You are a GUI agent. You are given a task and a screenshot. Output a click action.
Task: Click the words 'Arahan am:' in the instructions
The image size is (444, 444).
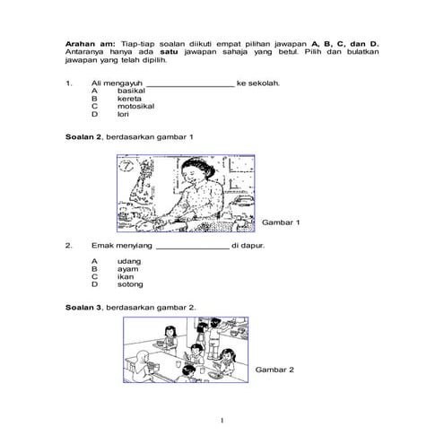87,42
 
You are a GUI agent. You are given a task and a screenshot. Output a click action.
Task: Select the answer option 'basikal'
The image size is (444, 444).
131,91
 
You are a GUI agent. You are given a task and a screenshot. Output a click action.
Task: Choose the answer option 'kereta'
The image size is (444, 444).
129,99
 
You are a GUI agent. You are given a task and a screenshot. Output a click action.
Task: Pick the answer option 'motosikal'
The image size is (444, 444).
135,107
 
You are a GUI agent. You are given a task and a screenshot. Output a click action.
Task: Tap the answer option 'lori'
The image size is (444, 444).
123,115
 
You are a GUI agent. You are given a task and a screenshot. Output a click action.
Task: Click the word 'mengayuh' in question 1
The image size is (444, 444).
123,83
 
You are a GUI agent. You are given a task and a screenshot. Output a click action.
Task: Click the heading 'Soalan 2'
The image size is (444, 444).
83,137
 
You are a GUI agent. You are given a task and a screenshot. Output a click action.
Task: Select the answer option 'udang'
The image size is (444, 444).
129,261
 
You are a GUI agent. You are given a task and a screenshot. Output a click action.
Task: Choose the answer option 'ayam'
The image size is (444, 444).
128,269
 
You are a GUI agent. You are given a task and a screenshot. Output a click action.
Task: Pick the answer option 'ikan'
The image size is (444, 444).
126,277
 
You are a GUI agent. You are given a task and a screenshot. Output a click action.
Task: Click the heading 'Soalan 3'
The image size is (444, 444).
83,308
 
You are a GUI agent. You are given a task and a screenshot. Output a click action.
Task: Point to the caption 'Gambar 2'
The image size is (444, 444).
274,370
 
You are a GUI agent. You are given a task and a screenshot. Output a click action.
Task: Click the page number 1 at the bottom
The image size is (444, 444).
222,420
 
